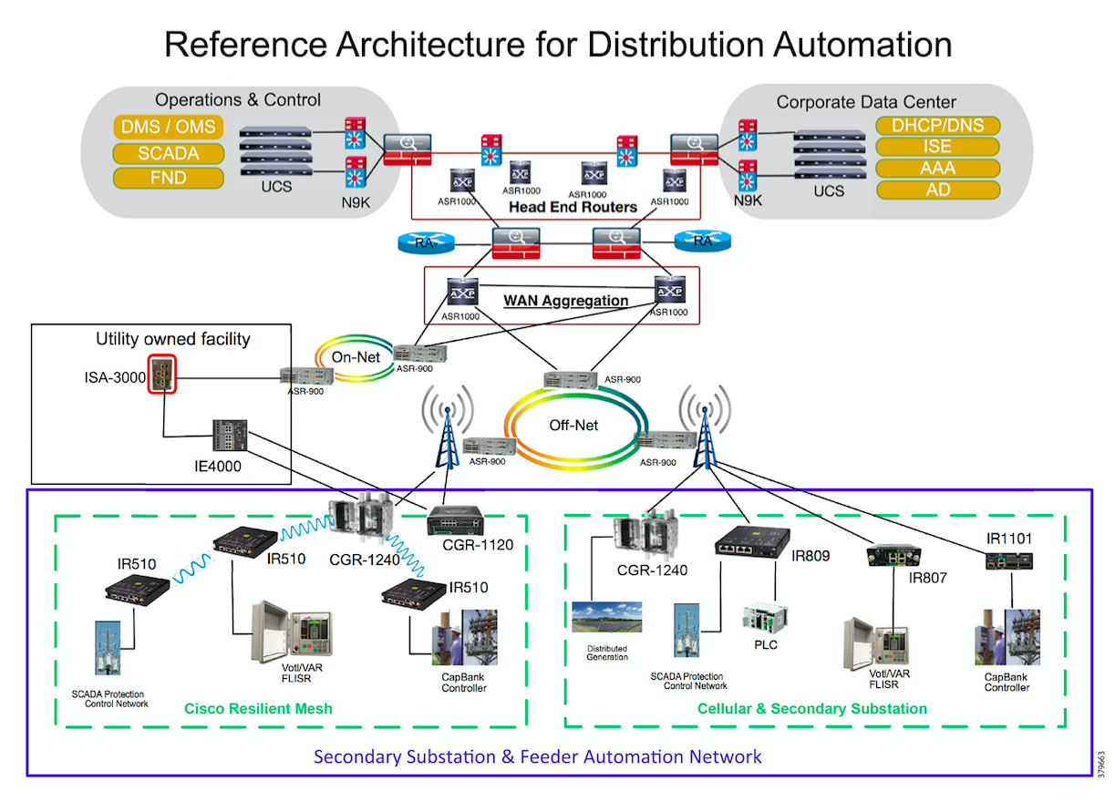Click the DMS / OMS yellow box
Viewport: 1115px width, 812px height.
click(169, 128)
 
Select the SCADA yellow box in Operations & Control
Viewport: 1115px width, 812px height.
click(169, 153)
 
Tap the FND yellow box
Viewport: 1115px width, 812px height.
click(169, 178)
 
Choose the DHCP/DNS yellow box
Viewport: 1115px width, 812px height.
click(937, 126)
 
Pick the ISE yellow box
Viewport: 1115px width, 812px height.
click(937, 147)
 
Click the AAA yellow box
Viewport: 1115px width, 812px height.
click(937, 169)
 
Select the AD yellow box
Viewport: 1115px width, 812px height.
click(937, 190)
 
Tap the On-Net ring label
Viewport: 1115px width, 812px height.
click(356, 358)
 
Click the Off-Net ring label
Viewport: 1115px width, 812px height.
click(573, 425)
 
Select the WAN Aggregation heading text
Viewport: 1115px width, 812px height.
click(565, 300)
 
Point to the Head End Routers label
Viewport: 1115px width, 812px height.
click(573, 207)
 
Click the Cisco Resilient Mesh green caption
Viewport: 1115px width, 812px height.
click(258, 708)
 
